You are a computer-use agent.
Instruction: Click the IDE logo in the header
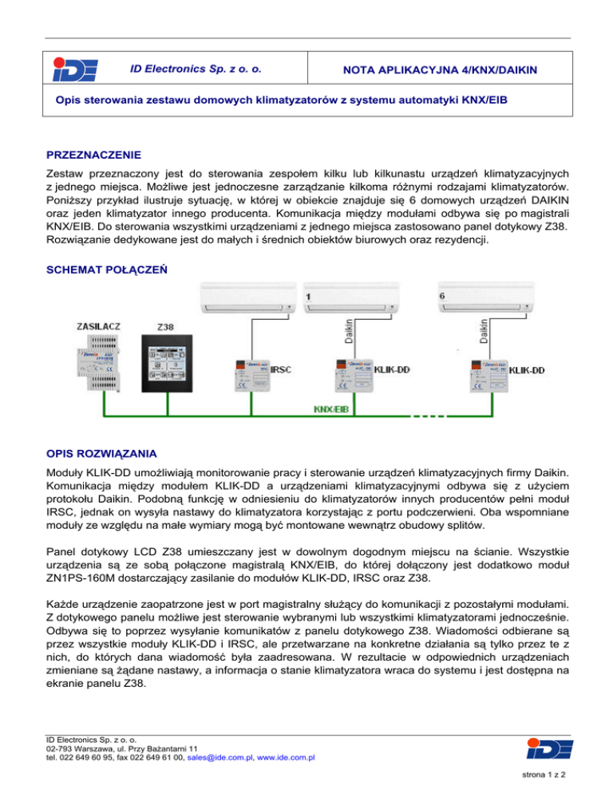coord(74,71)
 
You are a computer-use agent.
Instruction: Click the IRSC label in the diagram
coord(282,370)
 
